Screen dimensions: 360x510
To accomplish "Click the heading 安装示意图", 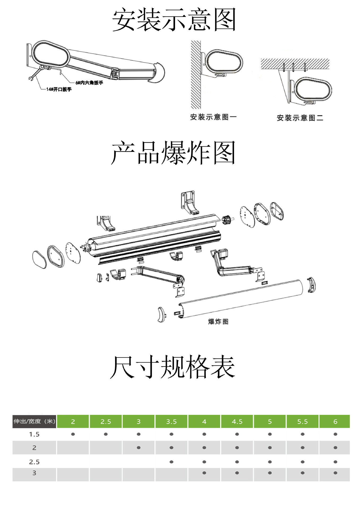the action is pos(174,20).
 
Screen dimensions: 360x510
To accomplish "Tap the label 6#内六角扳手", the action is pos(89,83).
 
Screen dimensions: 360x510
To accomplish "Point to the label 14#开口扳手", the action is pos(59,89).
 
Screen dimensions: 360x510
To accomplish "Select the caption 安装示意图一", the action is pos(213,117).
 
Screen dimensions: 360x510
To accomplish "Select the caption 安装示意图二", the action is pos(300,118).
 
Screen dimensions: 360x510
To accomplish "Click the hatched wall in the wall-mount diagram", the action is pos(196,74).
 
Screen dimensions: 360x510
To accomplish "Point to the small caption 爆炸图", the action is pos(218,321).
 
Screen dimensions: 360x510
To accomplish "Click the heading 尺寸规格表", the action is pos(173,367).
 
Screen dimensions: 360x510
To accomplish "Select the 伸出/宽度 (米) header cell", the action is pos(34,421).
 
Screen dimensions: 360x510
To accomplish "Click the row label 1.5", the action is pos(34,434).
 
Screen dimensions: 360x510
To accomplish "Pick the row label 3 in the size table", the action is pos(34,473).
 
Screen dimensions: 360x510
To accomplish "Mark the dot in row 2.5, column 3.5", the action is pos(171,462).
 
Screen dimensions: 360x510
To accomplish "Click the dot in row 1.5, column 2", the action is pos(73,434).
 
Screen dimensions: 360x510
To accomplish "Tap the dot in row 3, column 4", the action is pos(204,473).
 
